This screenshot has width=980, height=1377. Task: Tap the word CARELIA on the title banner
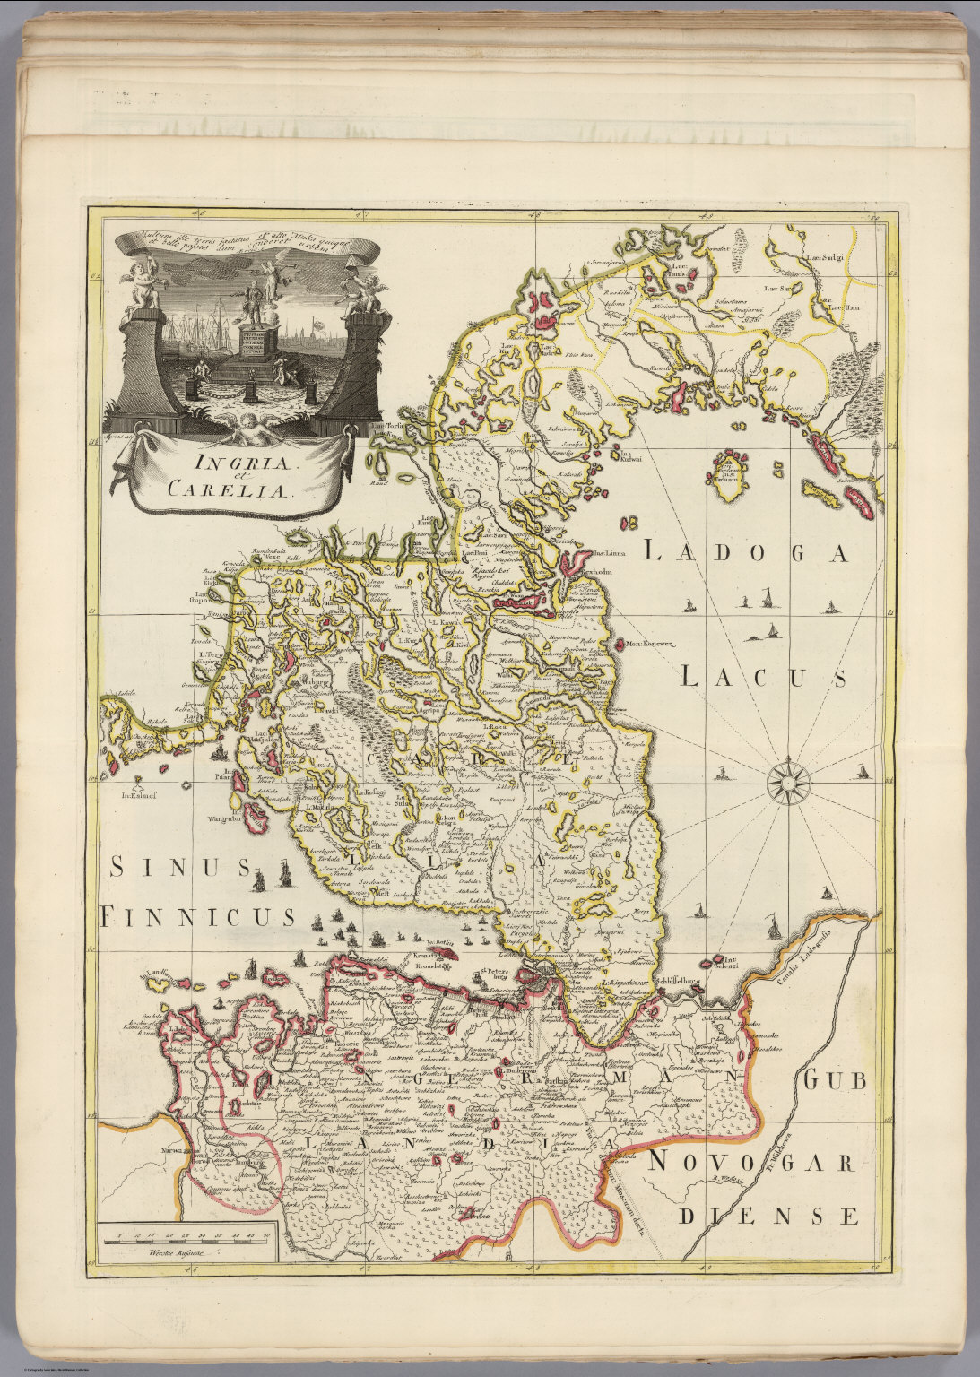click(239, 491)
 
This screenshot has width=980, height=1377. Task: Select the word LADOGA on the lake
click(745, 553)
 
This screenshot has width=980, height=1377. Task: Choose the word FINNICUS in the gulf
click(198, 916)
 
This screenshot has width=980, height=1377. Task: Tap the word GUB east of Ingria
click(835, 1081)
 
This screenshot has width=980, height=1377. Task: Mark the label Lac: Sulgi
click(826, 259)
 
